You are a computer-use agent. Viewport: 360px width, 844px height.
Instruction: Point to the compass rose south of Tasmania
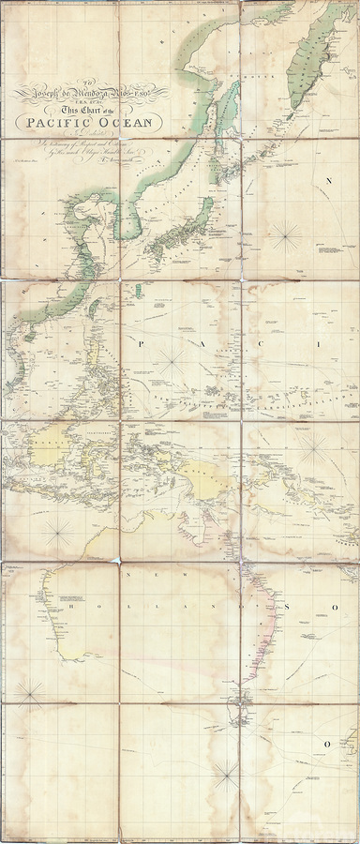coord(225,775)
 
